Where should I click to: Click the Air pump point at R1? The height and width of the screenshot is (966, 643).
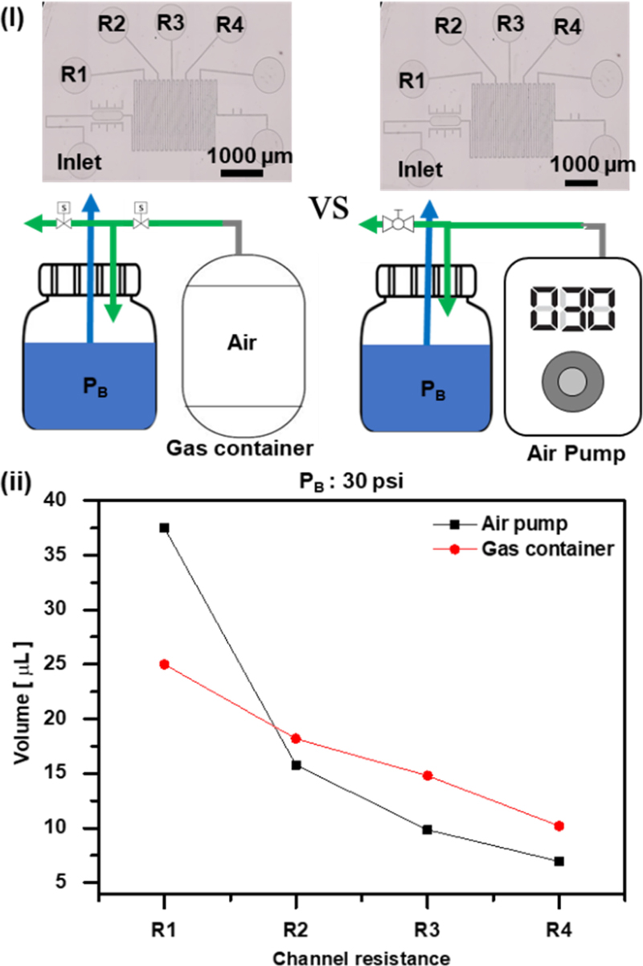164,528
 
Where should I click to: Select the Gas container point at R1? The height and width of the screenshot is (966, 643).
164,664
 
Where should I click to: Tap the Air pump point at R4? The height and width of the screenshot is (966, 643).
559,861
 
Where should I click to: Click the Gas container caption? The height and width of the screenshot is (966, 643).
251,446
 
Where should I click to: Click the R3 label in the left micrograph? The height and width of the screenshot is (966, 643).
170,22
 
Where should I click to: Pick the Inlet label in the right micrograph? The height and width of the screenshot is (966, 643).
420,169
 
